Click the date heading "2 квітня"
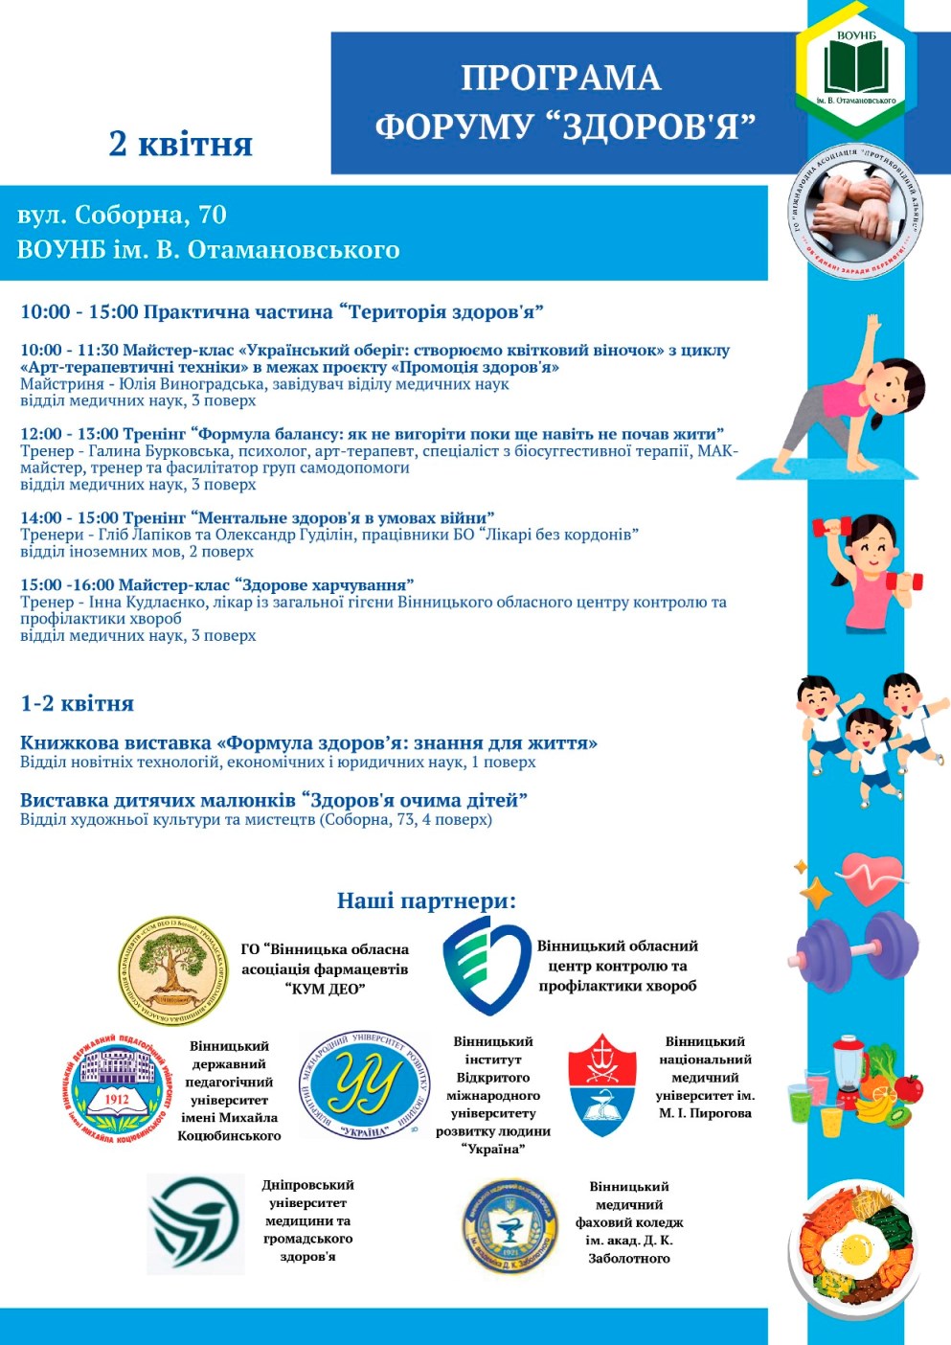coord(180,144)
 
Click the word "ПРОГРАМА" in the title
coord(561,78)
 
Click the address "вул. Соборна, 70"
coord(122,215)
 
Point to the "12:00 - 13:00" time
coord(69,434)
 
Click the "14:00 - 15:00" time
coord(69,518)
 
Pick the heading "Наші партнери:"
coord(426,900)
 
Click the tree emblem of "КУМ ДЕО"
coord(172,969)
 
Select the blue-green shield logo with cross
coord(486,965)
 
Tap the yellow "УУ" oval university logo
coord(364,1085)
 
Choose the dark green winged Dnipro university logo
coord(195,1223)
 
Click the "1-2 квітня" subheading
coord(77,703)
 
